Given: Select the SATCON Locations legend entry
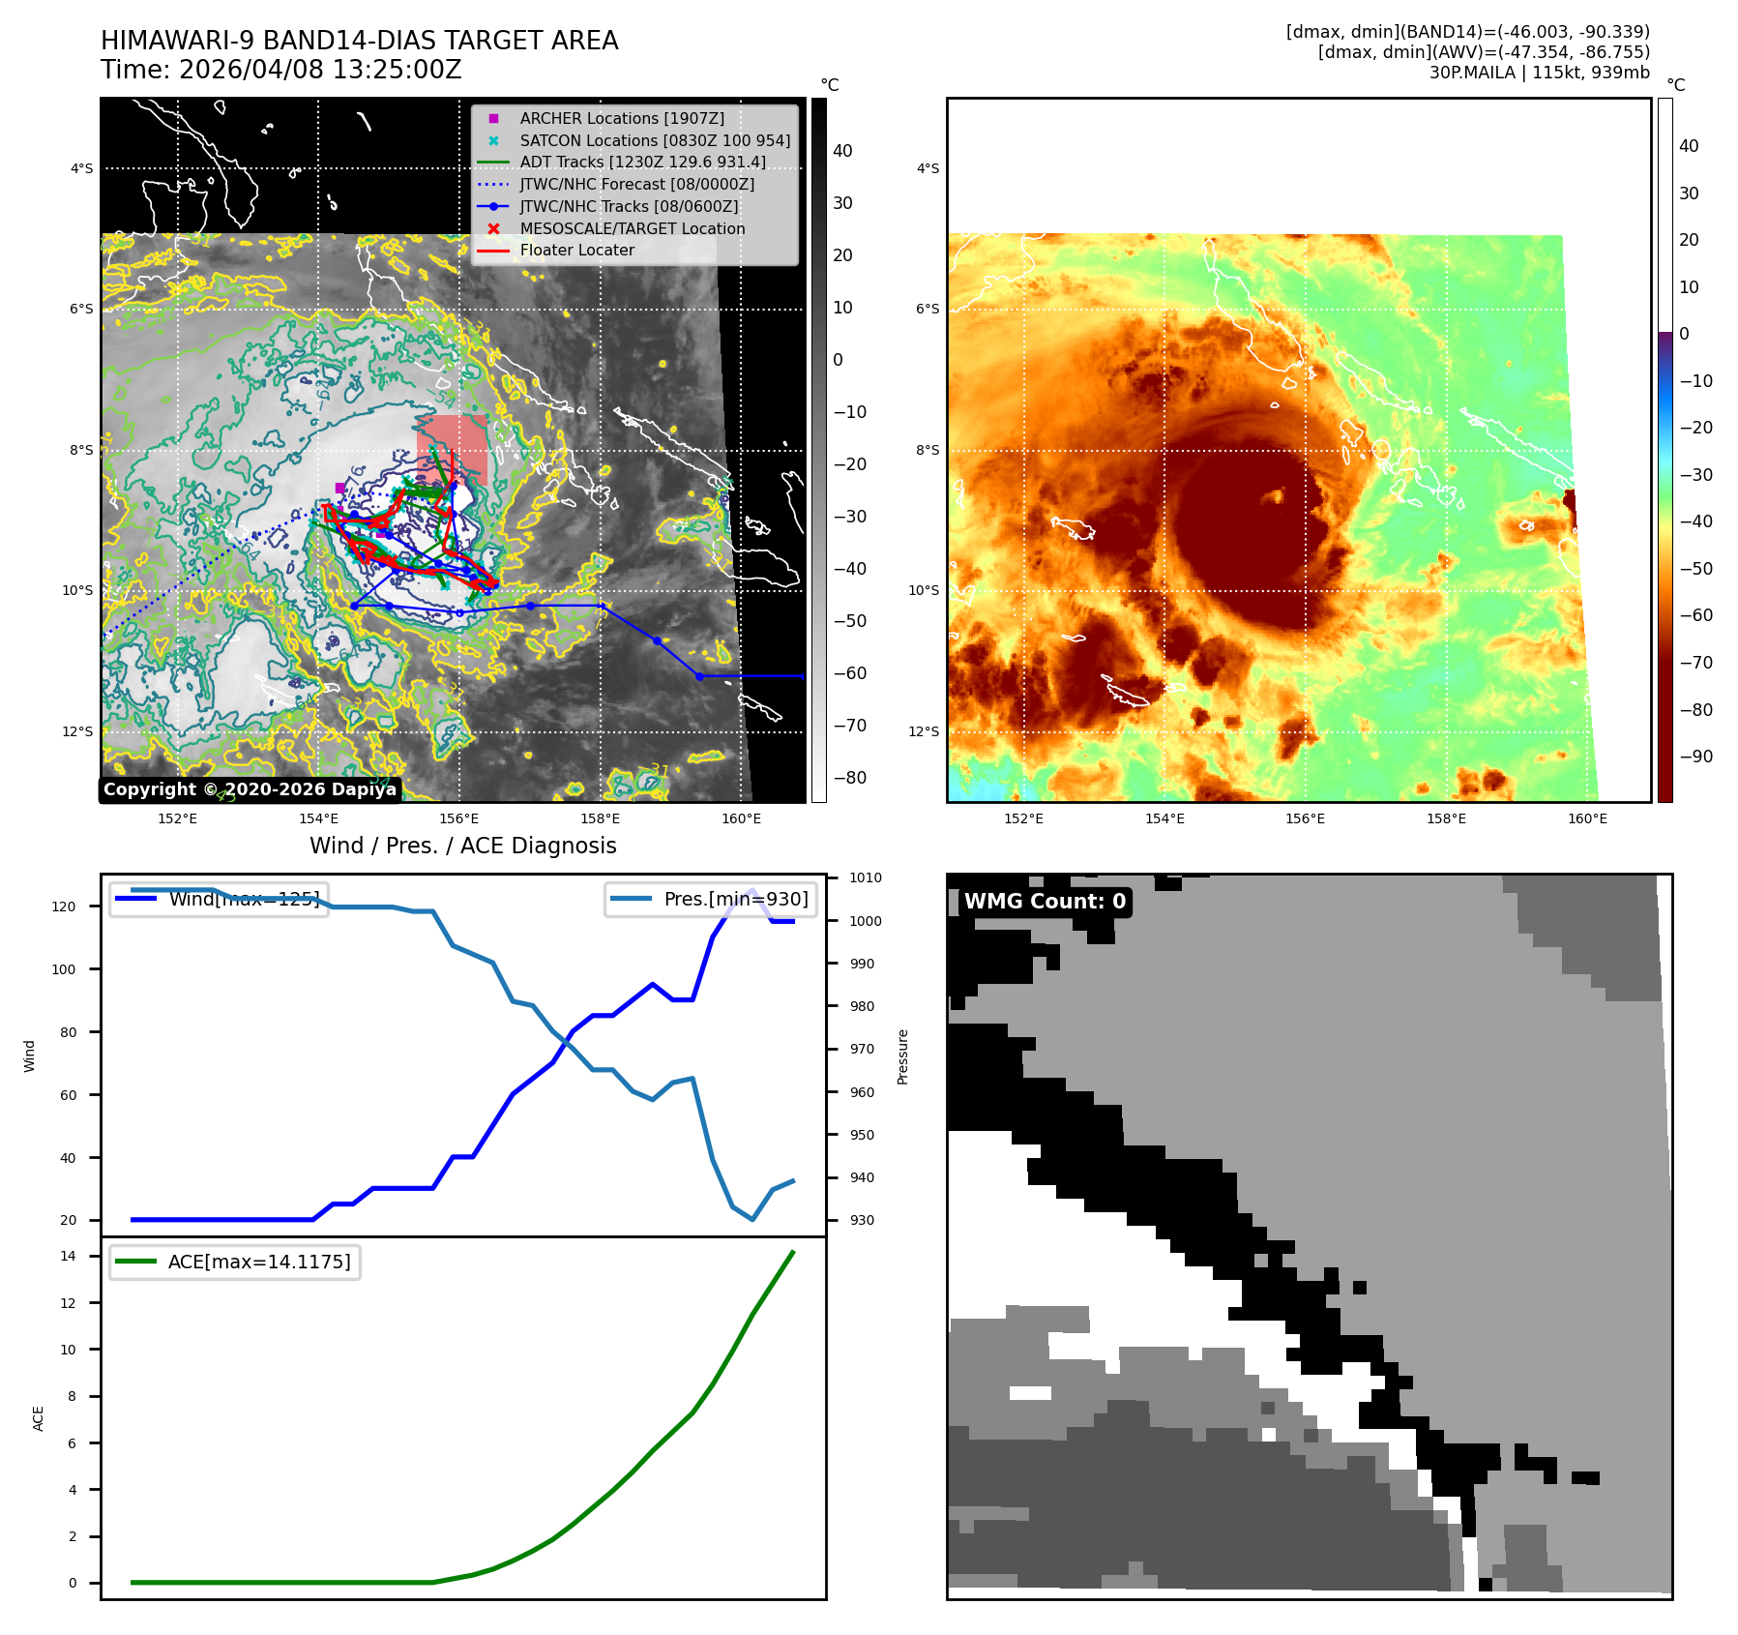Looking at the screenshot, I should click(x=654, y=140).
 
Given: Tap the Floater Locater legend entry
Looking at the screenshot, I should click(x=576, y=250).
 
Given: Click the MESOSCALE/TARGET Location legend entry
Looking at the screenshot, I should click(x=632, y=228).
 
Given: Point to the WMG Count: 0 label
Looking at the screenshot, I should click(x=1045, y=902).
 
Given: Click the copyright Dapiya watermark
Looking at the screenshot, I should click(x=250, y=789).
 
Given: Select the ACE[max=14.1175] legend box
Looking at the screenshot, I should click(x=235, y=1262).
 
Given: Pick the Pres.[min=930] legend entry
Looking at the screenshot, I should click(x=712, y=899).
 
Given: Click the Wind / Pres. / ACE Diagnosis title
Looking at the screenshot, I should click(x=462, y=846).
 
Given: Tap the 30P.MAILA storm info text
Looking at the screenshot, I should click(x=1539, y=73).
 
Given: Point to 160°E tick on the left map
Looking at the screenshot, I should click(x=741, y=818).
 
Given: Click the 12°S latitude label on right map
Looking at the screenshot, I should click(x=923, y=731).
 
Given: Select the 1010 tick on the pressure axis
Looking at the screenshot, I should click(x=866, y=878).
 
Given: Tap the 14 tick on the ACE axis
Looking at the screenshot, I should click(x=69, y=1256).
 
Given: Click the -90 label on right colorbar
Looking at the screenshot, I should click(x=1695, y=757).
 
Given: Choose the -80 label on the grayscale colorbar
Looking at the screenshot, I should click(x=850, y=778).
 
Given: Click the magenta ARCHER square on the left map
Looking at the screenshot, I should click(x=339, y=488).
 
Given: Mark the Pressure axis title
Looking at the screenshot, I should click(x=902, y=1056).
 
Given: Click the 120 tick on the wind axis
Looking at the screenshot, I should click(x=64, y=907).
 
